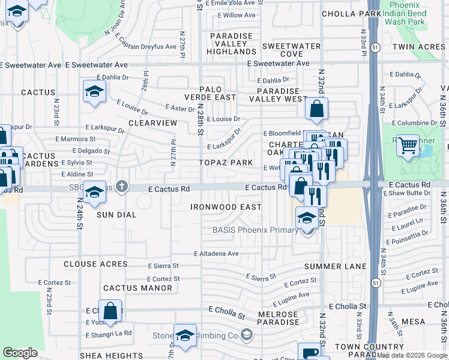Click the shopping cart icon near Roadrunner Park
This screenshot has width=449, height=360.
point(408,144)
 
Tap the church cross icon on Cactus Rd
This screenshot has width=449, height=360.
point(122,187)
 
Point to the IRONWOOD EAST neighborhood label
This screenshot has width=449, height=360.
point(226,207)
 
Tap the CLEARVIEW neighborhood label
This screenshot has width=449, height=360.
point(152,122)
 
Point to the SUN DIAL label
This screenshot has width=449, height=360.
point(118,214)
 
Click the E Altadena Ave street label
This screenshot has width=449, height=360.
point(216,254)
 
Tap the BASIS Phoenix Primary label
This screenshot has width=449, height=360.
point(255,230)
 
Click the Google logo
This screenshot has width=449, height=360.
point(20,353)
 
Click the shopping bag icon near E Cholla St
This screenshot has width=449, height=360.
point(110,311)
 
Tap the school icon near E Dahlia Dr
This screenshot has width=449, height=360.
point(94,92)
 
